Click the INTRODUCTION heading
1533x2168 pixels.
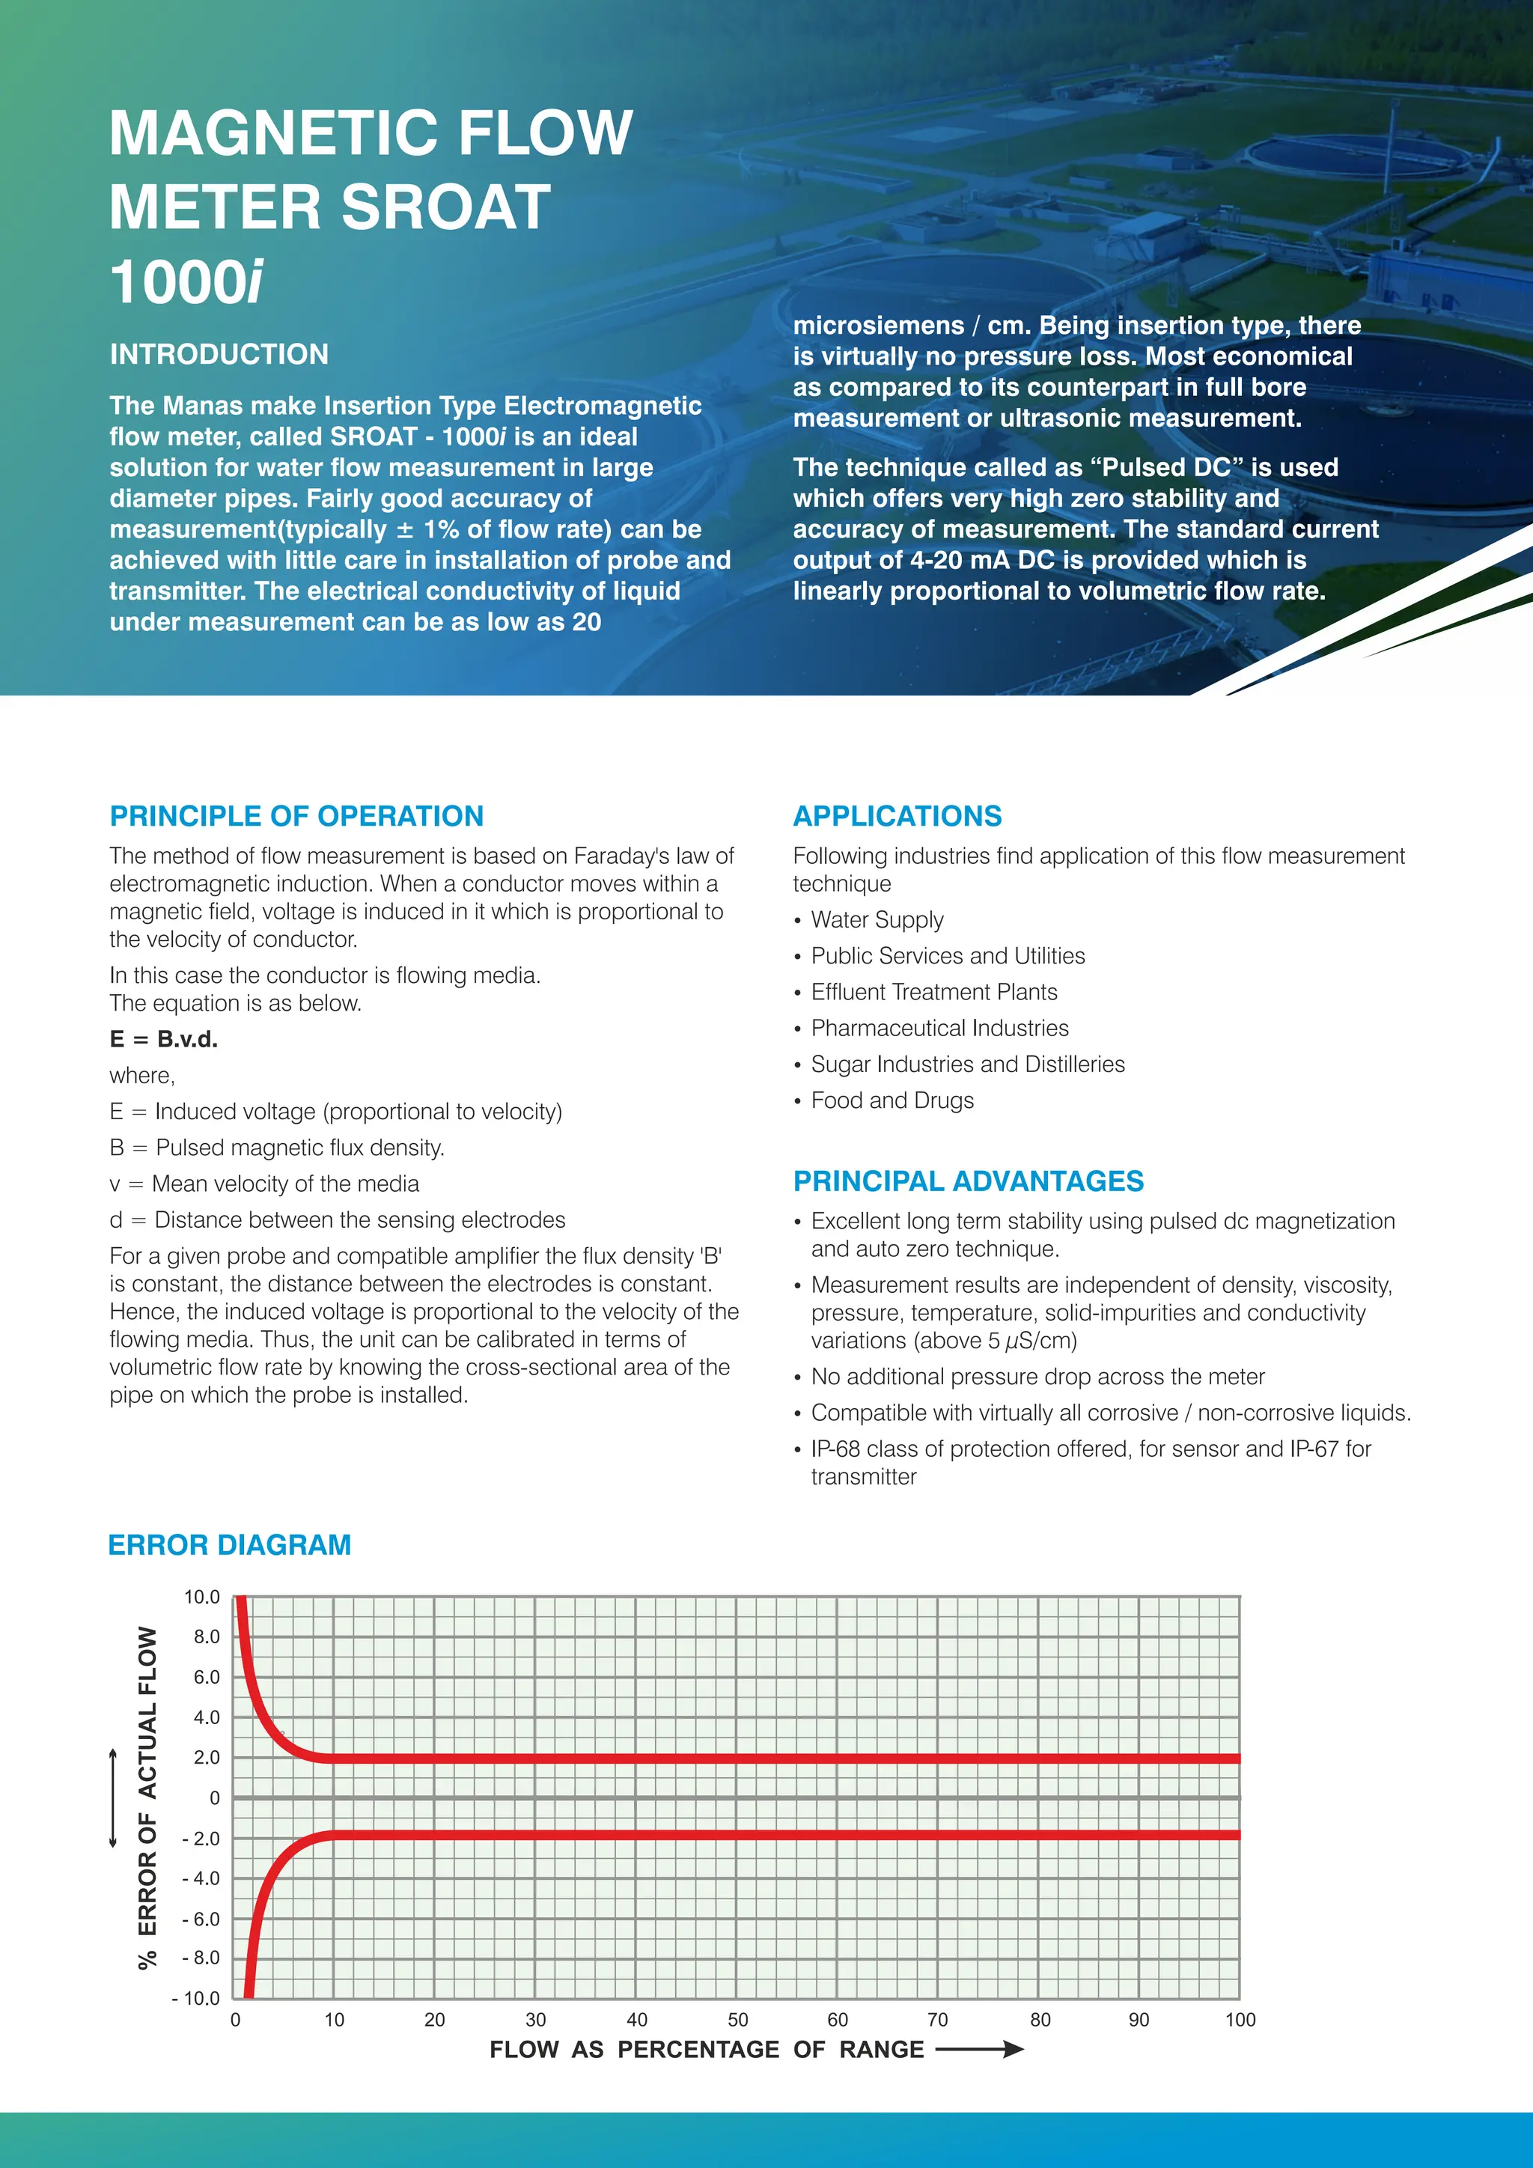click(x=219, y=354)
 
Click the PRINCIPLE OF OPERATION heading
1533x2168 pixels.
click(x=296, y=816)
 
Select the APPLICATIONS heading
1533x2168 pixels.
click(x=897, y=816)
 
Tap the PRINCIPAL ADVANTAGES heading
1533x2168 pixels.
click(x=968, y=1181)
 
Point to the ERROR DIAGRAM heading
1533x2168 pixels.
click(x=229, y=1545)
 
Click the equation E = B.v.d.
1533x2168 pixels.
click(x=163, y=1040)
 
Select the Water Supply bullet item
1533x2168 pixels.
click(x=877, y=920)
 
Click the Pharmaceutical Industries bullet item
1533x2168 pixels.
click(x=939, y=1029)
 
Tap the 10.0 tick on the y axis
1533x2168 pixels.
click(x=201, y=1598)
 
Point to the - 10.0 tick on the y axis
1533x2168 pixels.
click(x=195, y=1998)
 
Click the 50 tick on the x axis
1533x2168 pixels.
click(x=737, y=2020)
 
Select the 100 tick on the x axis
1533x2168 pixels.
click(x=1240, y=2020)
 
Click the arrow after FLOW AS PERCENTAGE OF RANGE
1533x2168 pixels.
click(x=979, y=2049)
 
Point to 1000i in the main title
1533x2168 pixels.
click(x=186, y=282)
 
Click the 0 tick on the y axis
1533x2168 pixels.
click(x=214, y=1798)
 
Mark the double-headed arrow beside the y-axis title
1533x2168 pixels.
click(x=113, y=1798)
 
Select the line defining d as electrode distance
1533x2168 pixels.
click(x=337, y=1220)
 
